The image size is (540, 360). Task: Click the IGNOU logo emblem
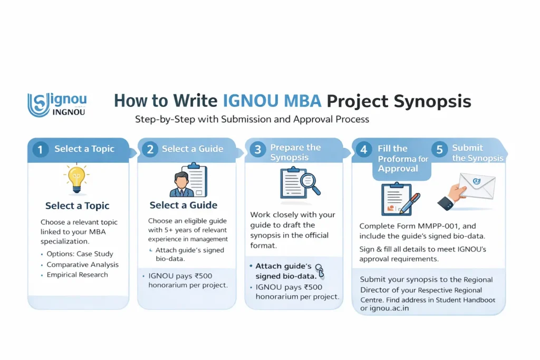tap(38, 105)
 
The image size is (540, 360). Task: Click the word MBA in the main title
tap(302, 101)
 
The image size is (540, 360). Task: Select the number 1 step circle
tap(40, 150)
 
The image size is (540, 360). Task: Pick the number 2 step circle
tap(150, 149)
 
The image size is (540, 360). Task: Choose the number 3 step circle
tap(257, 150)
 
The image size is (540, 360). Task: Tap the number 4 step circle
tap(364, 150)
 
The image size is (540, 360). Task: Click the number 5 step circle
tap(439, 150)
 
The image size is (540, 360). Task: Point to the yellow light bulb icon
tap(76, 179)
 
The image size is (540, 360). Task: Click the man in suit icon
tap(181, 184)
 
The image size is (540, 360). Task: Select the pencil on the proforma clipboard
tap(410, 203)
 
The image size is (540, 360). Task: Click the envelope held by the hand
tap(477, 186)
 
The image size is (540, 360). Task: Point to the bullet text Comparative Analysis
tap(82, 264)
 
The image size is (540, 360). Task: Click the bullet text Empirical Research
tap(77, 275)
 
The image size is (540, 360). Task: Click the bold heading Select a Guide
tap(183, 205)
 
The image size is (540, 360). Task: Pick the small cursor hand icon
tap(320, 270)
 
